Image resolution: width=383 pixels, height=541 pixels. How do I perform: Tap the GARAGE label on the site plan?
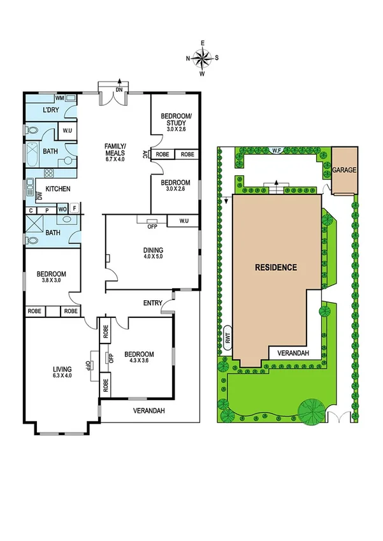[344, 171]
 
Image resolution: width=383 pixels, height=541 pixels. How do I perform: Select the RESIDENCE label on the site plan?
[276, 267]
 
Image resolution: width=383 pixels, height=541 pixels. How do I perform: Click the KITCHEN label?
[57, 189]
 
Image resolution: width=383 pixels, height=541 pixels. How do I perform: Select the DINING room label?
[153, 250]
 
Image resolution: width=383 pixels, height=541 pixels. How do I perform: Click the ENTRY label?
[153, 303]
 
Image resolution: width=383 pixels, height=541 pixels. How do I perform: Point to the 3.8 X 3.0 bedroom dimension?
[53, 282]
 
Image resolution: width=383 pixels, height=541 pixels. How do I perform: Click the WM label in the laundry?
[59, 98]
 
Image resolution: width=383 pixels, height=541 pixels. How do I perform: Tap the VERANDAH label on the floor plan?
[148, 411]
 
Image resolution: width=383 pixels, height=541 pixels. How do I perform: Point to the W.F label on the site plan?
[277, 151]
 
